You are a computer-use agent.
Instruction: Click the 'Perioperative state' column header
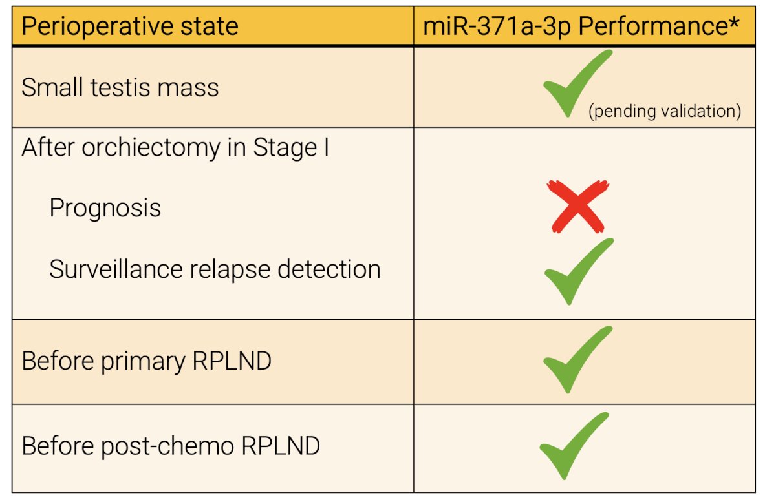pos(130,26)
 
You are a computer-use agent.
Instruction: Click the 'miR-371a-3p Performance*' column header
pos(581,26)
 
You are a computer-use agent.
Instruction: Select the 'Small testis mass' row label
pos(120,87)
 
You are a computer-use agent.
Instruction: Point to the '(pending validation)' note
pos(665,112)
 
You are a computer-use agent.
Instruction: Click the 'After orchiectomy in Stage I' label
pos(175,148)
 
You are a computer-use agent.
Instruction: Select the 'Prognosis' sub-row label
pos(105,209)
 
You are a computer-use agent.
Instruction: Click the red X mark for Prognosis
pos(578,206)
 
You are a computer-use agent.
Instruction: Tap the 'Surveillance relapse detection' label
pos(215,269)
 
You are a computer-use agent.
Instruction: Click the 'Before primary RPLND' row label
pos(147,361)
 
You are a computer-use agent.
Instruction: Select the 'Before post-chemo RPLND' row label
pos(171,446)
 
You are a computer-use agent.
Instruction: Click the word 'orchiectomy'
pos(151,148)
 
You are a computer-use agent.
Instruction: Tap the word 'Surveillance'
pos(116,269)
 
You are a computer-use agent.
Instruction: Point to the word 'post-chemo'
pos(168,446)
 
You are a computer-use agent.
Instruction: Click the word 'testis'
pos(120,87)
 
